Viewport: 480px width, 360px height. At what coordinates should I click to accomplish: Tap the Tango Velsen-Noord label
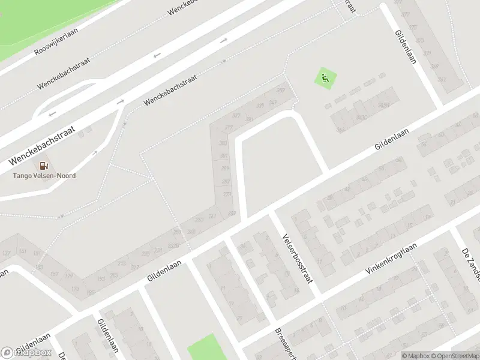point(44,176)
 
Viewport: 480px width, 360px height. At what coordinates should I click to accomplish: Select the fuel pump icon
point(43,166)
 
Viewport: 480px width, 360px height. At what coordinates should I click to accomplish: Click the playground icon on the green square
point(325,78)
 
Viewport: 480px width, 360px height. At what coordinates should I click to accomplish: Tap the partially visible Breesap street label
point(282,344)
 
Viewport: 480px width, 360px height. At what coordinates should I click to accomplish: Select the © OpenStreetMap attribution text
point(451,356)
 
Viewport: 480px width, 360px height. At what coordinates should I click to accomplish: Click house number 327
point(236,115)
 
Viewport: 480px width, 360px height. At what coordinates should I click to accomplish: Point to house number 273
point(227,194)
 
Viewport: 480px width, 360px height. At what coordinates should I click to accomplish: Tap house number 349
point(272,103)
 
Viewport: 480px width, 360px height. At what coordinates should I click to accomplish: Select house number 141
point(23,251)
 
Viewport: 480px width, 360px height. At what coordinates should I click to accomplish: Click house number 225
point(158,251)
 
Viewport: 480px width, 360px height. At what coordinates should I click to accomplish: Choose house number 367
point(280,91)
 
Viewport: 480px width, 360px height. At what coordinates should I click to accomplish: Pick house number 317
point(228,127)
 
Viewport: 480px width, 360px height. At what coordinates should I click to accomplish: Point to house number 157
point(54,274)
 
